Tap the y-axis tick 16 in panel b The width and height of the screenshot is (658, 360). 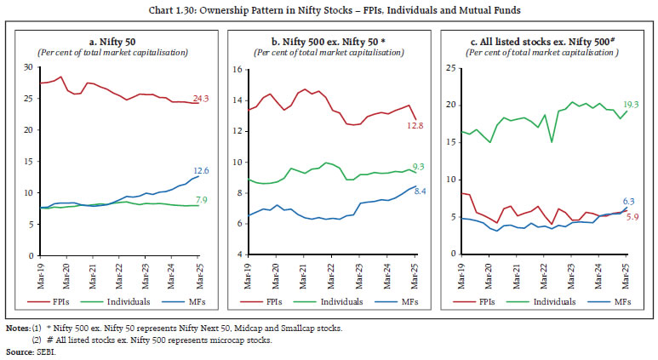click(x=239, y=70)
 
